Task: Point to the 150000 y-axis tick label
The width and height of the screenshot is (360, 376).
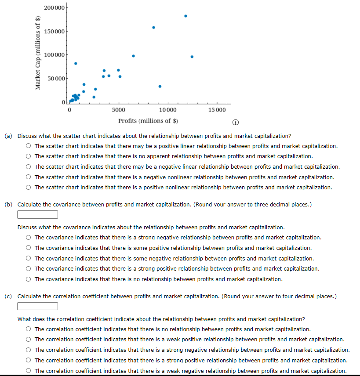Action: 55,32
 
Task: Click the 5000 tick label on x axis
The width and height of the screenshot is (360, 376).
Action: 118,109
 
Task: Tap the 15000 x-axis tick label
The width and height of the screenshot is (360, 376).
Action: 217,109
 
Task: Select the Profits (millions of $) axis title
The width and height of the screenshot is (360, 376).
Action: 148,121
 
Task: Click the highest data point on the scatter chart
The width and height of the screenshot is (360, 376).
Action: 185,16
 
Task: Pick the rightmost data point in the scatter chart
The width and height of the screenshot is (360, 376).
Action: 192,57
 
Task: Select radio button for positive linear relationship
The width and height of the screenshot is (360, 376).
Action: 29,146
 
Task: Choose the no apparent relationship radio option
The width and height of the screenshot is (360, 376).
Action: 29,156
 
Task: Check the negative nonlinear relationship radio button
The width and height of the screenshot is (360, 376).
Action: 29,177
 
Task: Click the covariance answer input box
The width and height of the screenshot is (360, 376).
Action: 38,214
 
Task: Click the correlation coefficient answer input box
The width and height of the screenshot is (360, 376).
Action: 38,306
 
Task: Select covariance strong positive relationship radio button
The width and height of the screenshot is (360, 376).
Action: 29,269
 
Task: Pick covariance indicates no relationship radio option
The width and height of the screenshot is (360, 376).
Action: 29,279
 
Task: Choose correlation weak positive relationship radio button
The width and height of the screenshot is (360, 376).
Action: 29,340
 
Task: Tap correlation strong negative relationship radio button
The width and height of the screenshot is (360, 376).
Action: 29,350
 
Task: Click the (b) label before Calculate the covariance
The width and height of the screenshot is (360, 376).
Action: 8,204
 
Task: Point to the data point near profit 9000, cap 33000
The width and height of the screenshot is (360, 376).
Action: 160,87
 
